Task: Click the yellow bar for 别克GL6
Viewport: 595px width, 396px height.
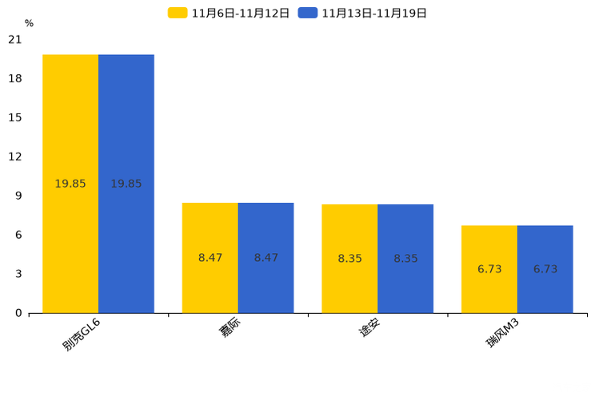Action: (x=70, y=184)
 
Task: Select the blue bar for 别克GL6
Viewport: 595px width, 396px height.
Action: (x=126, y=184)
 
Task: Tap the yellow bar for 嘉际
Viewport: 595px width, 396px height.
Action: (x=210, y=258)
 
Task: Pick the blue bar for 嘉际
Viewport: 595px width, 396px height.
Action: (x=266, y=258)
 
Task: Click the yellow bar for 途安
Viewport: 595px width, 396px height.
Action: (x=349, y=259)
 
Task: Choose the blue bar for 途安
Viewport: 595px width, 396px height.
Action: (x=405, y=259)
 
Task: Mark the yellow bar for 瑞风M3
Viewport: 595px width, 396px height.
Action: (x=489, y=269)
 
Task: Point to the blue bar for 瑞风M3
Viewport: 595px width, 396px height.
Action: (x=545, y=269)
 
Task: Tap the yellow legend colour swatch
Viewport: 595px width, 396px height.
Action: (x=178, y=13)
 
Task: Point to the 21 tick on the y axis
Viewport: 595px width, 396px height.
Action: (x=15, y=39)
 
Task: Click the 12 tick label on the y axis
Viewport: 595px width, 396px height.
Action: (x=15, y=156)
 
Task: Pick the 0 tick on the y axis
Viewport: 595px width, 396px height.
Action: (x=18, y=313)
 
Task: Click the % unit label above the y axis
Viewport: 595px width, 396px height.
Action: (x=30, y=23)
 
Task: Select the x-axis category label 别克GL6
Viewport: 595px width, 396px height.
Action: (x=82, y=335)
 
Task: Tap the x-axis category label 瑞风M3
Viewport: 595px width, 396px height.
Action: (x=502, y=333)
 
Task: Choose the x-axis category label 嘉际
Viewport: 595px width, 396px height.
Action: (x=230, y=328)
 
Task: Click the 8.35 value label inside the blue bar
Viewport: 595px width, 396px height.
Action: (x=405, y=259)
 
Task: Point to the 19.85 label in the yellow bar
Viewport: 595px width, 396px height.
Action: (x=70, y=184)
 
